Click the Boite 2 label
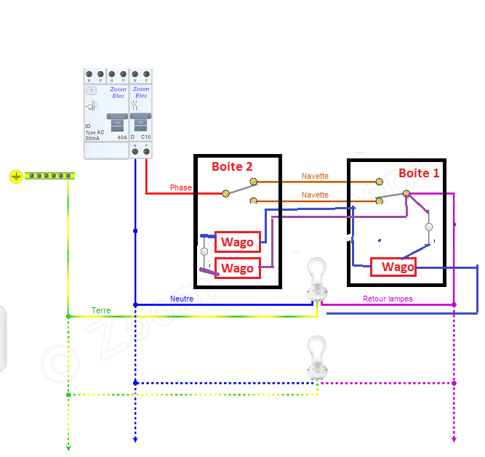(232, 166)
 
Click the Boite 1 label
(419, 173)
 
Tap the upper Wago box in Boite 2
(238, 242)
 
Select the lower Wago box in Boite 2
(238, 268)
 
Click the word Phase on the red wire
(181, 187)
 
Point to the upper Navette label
(315, 177)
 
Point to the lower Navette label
(315, 195)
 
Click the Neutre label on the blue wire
(182, 299)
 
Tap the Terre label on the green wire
(101, 310)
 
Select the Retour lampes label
(388, 299)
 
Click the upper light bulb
(316, 280)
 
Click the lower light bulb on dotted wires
(316, 357)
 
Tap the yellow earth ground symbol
(16, 176)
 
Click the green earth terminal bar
(51, 176)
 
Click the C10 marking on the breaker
(145, 137)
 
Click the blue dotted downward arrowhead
(135, 439)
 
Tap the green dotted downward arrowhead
(68, 447)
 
